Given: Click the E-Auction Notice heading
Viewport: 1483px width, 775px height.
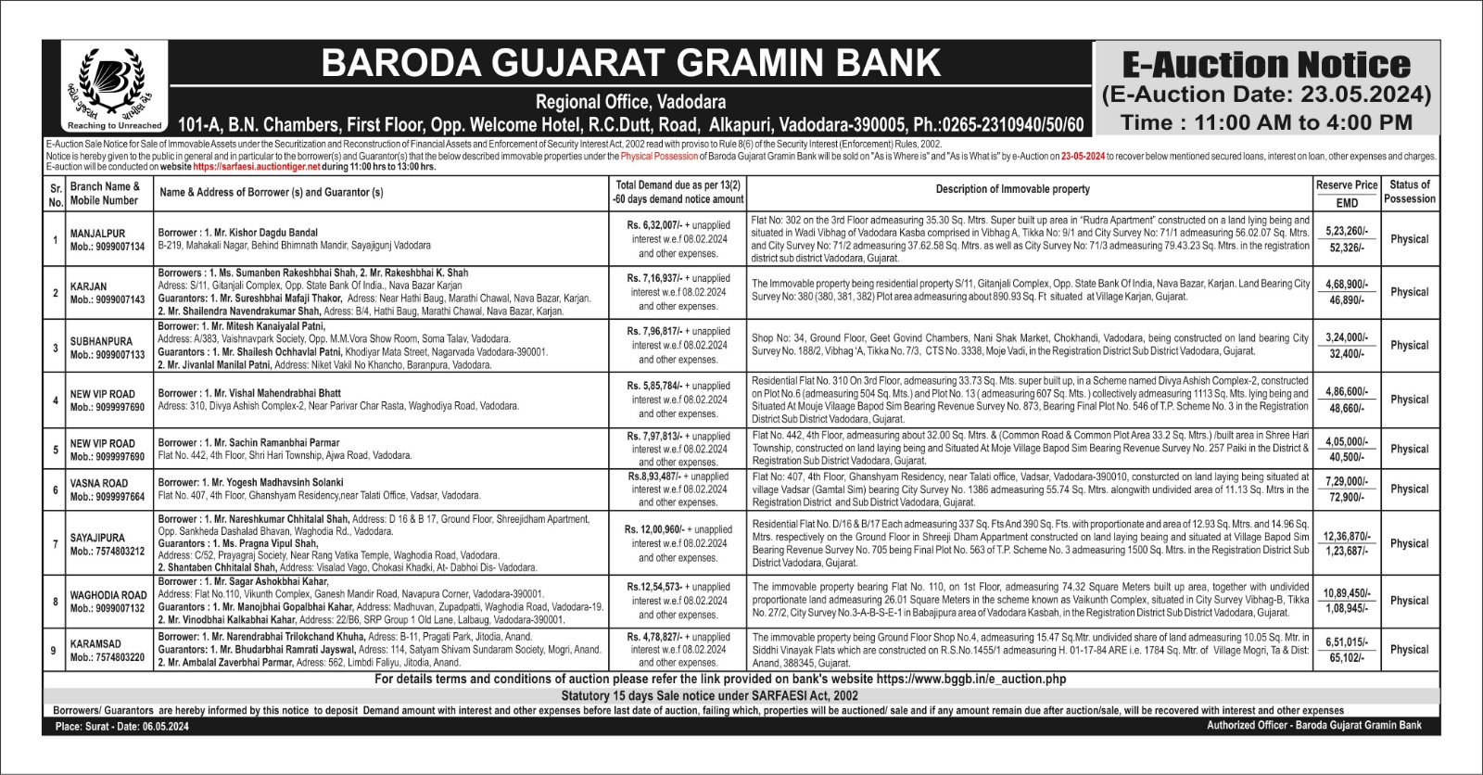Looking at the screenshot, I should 1266,65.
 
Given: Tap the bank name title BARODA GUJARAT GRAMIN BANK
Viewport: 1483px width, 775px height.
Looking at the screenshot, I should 630,63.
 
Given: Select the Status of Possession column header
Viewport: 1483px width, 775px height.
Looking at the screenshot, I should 1409,192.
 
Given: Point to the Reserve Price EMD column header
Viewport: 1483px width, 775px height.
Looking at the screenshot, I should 1346,194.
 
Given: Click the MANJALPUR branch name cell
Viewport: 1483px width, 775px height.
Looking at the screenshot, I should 97,234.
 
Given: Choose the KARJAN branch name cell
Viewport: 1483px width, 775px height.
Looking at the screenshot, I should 89,286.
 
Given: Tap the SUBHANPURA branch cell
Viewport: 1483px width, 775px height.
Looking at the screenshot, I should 101,341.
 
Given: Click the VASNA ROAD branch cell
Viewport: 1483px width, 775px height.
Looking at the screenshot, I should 99,483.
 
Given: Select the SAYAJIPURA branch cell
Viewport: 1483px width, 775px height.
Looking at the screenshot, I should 97,538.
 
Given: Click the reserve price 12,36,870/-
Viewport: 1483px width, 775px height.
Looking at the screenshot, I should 1346,537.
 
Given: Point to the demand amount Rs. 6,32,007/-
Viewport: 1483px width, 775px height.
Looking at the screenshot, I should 654,225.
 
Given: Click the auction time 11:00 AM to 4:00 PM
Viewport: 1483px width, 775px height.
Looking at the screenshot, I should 1266,122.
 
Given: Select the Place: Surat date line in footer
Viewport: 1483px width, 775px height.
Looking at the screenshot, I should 121,727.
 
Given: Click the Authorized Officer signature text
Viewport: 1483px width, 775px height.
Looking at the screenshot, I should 1313,725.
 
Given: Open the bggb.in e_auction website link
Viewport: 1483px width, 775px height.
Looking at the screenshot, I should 970,680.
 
